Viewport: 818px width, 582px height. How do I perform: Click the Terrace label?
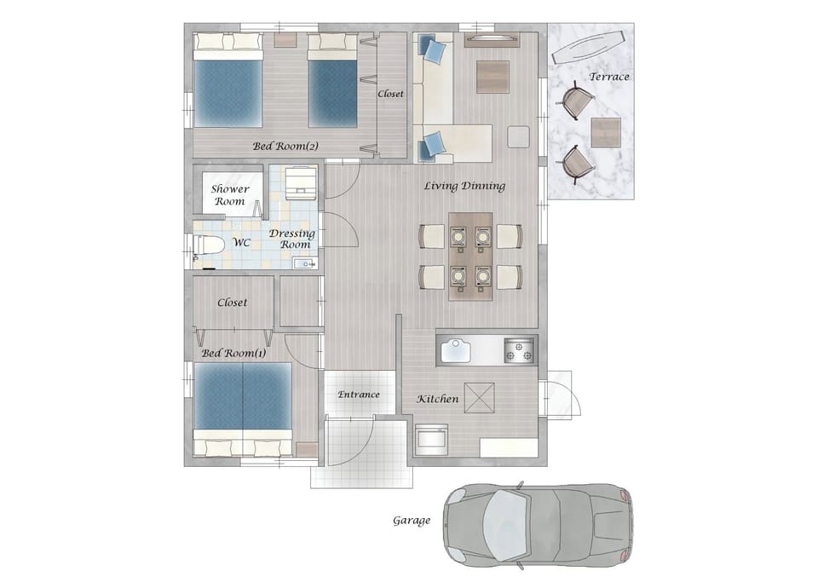pos(608,77)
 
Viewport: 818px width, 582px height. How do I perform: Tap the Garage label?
pos(412,521)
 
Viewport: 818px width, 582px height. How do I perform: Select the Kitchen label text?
pos(438,399)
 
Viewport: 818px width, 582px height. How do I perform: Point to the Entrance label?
pos(359,395)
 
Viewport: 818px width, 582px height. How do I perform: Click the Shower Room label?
pos(230,195)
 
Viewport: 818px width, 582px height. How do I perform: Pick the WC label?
pos(241,243)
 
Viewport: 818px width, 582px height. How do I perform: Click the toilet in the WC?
pos(206,244)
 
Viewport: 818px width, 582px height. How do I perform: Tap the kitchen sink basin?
pos(456,350)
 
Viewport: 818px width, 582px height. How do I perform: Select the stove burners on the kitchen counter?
pos(519,350)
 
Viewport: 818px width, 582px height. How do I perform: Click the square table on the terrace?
pos(606,132)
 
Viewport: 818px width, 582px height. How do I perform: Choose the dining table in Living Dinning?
pos(470,256)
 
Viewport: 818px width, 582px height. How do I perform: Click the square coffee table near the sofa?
pos(493,77)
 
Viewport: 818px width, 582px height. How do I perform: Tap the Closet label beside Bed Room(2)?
pos(391,94)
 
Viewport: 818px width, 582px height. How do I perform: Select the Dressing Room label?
pos(292,239)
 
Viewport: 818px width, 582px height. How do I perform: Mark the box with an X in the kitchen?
pos(480,397)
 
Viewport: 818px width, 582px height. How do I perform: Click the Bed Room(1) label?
pos(233,353)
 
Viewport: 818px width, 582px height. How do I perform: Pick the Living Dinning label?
pos(464,186)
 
